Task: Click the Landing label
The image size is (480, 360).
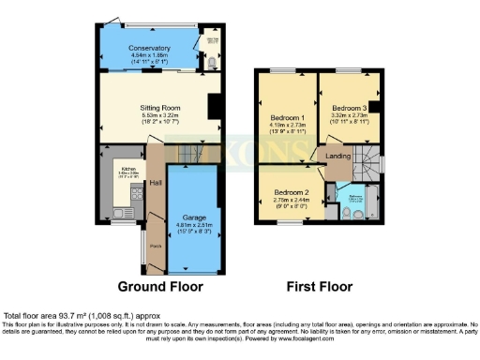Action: (337, 157)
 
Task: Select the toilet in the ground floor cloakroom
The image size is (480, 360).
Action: (212, 64)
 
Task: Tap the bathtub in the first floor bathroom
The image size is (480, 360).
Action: (357, 199)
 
